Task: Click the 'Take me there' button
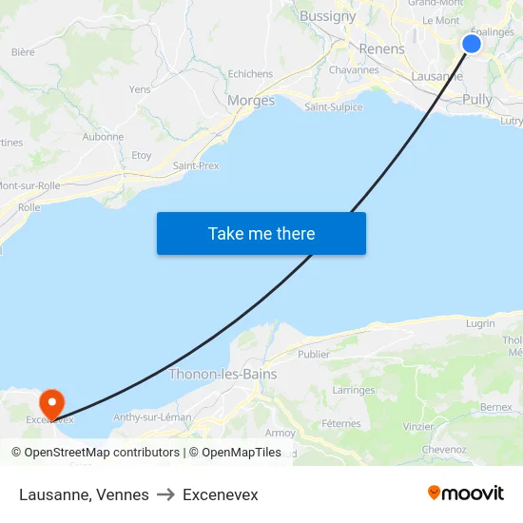pyautogui.click(x=261, y=233)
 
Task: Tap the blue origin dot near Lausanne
pyautogui.click(x=472, y=44)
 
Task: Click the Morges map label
pyautogui.click(x=251, y=101)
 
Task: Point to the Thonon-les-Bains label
pyautogui.click(x=223, y=375)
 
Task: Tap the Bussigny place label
pyautogui.click(x=327, y=16)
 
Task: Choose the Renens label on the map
pyautogui.click(x=381, y=48)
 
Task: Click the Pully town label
pyautogui.click(x=476, y=100)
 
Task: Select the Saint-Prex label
pyautogui.click(x=196, y=165)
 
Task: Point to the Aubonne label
pyautogui.click(x=103, y=137)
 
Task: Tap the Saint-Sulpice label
pyautogui.click(x=333, y=107)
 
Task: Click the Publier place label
pyautogui.click(x=314, y=355)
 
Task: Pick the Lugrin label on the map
pyautogui.click(x=480, y=323)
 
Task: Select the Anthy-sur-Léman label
pyautogui.click(x=152, y=416)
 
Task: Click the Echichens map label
pyautogui.click(x=250, y=74)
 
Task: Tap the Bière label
pyautogui.click(x=23, y=52)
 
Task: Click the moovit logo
pyautogui.click(x=466, y=493)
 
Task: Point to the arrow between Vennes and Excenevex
pyautogui.click(x=165, y=494)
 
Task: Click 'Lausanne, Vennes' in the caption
pyautogui.click(x=84, y=494)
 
